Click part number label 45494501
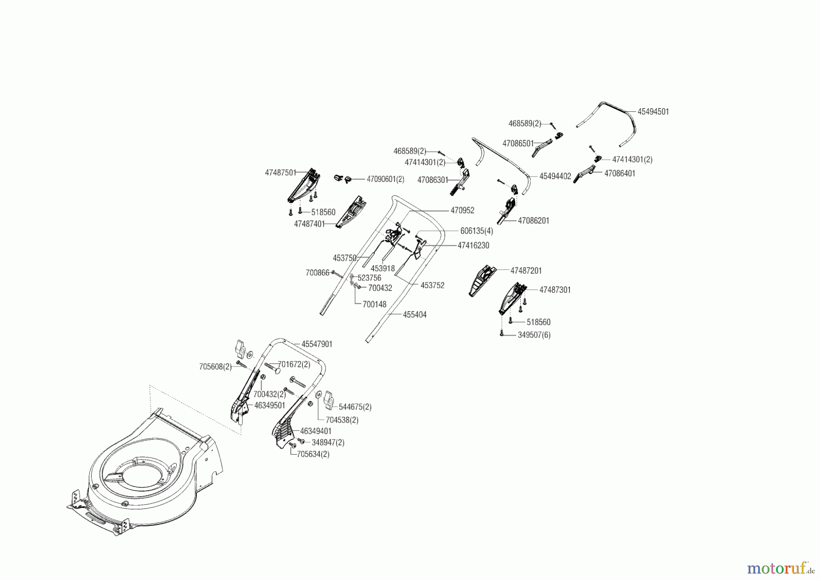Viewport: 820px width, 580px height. coord(653,112)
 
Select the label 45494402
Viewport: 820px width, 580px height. coord(555,176)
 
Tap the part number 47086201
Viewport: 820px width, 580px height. coord(533,221)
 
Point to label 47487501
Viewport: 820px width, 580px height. coord(280,173)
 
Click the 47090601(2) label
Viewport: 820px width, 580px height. coord(385,179)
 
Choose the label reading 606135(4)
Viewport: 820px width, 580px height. coord(477,231)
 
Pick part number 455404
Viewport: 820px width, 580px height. coord(415,315)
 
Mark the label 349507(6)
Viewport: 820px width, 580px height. coord(534,335)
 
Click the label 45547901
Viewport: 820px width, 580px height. coord(317,344)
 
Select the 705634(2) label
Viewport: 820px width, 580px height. coord(313,454)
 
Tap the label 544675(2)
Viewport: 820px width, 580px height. coord(355,407)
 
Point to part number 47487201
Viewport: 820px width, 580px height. coord(526,271)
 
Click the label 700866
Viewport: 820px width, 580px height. coord(318,273)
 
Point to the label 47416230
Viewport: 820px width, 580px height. coord(473,245)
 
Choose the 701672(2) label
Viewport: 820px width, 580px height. coord(294,364)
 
